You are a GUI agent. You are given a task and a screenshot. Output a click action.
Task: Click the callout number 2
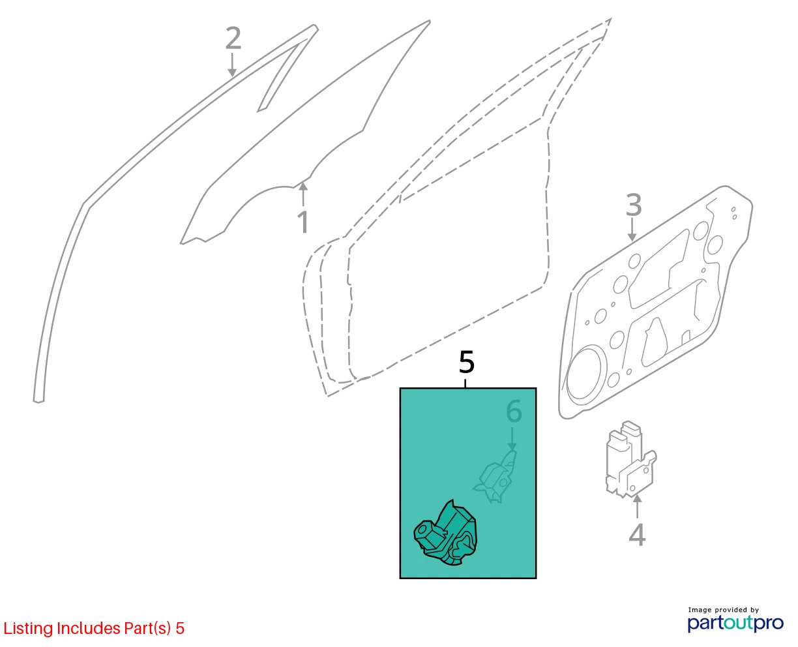(x=233, y=38)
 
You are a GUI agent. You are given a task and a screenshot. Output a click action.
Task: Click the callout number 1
(x=303, y=222)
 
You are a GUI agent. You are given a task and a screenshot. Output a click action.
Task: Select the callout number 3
(x=634, y=205)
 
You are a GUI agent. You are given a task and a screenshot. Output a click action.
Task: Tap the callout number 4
(x=637, y=535)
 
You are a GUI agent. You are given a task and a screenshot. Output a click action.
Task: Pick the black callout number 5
(x=466, y=362)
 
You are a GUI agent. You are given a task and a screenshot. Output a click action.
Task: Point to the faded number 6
(x=514, y=411)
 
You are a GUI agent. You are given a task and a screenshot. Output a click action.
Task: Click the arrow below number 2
(x=232, y=65)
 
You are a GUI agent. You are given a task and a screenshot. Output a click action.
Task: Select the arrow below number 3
(x=632, y=230)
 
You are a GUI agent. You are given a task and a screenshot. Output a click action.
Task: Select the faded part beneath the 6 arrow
(x=495, y=477)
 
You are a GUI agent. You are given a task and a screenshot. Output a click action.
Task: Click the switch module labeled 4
(x=631, y=460)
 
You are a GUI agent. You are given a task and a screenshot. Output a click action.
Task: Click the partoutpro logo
(x=735, y=624)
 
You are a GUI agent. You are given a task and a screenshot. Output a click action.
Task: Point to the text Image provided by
(x=724, y=610)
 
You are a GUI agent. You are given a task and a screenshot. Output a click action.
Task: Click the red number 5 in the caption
(x=180, y=628)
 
